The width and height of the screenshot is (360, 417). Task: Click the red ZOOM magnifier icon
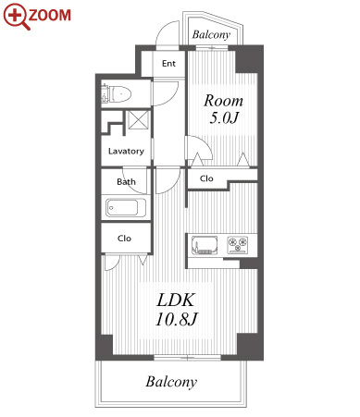pyautogui.click(x=16, y=16)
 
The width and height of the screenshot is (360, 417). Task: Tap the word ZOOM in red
pyautogui.click(x=50, y=16)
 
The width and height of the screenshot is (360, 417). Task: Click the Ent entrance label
pyautogui.click(x=168, y=64)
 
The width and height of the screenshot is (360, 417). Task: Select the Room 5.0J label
pyautogui.click(x=223, y=109)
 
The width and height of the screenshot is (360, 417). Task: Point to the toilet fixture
pyautogui.click(x=117, y=93)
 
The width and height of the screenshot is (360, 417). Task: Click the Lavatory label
pyautogui.click(x=126, y=151)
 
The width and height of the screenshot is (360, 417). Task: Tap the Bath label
pyautogui.click(x=126, y=182)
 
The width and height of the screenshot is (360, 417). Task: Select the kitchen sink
pyautogui.click(x=205, y=245)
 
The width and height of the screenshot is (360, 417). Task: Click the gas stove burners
pyautogui.click(x=238, y=245)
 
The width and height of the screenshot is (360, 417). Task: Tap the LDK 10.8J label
pyautogui.click(x=176, y=310)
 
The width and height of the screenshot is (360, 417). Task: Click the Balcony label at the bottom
pyautogui.click(x=171, y=382)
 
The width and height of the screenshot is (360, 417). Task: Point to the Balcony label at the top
pyautogui.click(x=211, y=34)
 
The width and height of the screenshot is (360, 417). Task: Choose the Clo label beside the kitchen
pyautogui.click(x=206, y=178)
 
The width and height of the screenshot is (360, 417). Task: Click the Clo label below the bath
pyautogui.click(x=124, y=239)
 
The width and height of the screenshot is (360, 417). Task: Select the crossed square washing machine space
pyautogui.click(x=139, y=120)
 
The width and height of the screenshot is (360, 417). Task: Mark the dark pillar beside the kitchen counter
pyautogui.click(x=249, y=264)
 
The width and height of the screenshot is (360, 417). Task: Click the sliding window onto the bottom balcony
pyautogui.click(x=187, y=358)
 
